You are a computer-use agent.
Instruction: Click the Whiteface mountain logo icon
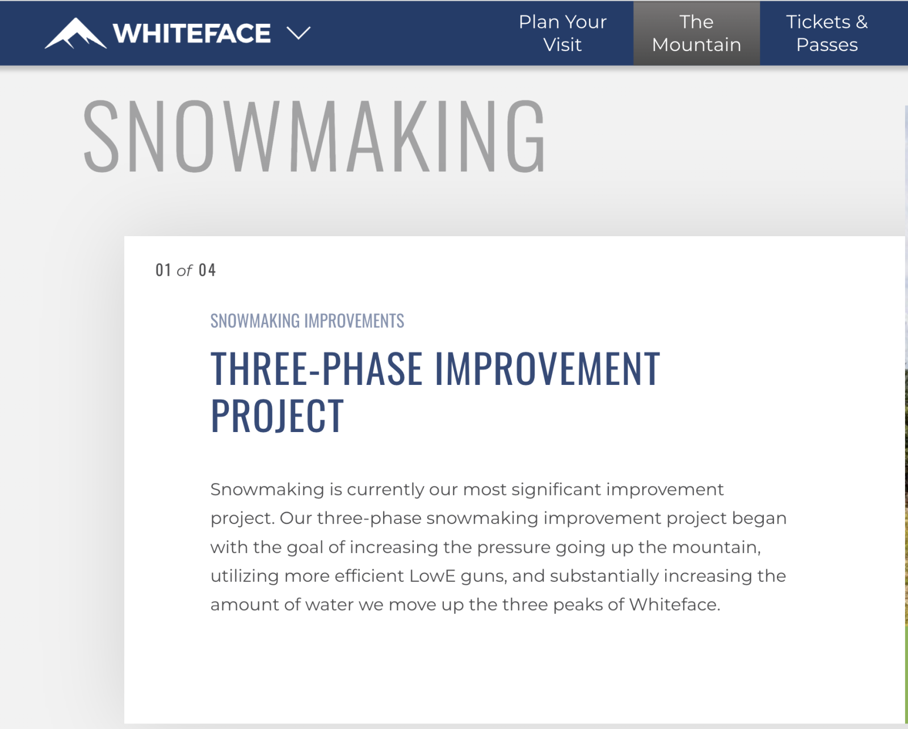75,33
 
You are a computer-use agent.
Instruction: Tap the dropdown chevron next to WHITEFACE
299,33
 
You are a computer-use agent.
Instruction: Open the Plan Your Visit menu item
562,33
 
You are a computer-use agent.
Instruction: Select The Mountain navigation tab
696,33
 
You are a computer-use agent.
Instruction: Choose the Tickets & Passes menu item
827,33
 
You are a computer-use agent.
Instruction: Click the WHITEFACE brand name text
192,33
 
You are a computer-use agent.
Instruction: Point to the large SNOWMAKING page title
314,136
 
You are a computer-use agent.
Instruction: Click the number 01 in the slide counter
163,270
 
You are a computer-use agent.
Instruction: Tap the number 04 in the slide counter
207,270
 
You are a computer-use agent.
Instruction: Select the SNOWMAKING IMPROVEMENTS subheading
307,321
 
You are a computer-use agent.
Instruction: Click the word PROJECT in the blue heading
277,416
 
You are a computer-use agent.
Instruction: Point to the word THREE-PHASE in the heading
317,368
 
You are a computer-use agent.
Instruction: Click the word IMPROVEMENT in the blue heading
547,368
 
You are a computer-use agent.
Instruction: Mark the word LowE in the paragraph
432,576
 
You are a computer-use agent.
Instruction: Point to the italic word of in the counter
184,271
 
